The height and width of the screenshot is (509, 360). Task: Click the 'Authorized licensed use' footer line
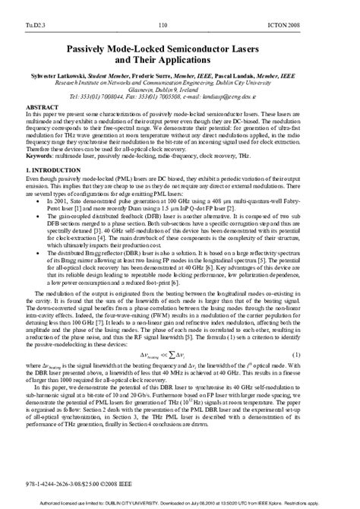[180, 503]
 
